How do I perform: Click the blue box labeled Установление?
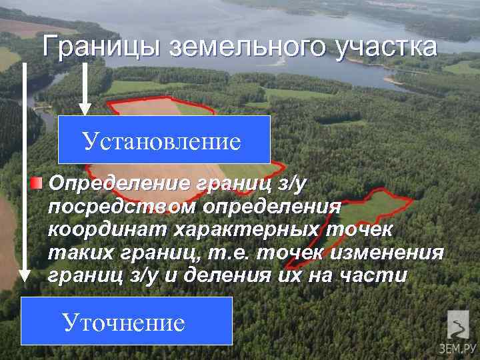(x=163, y=140)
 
